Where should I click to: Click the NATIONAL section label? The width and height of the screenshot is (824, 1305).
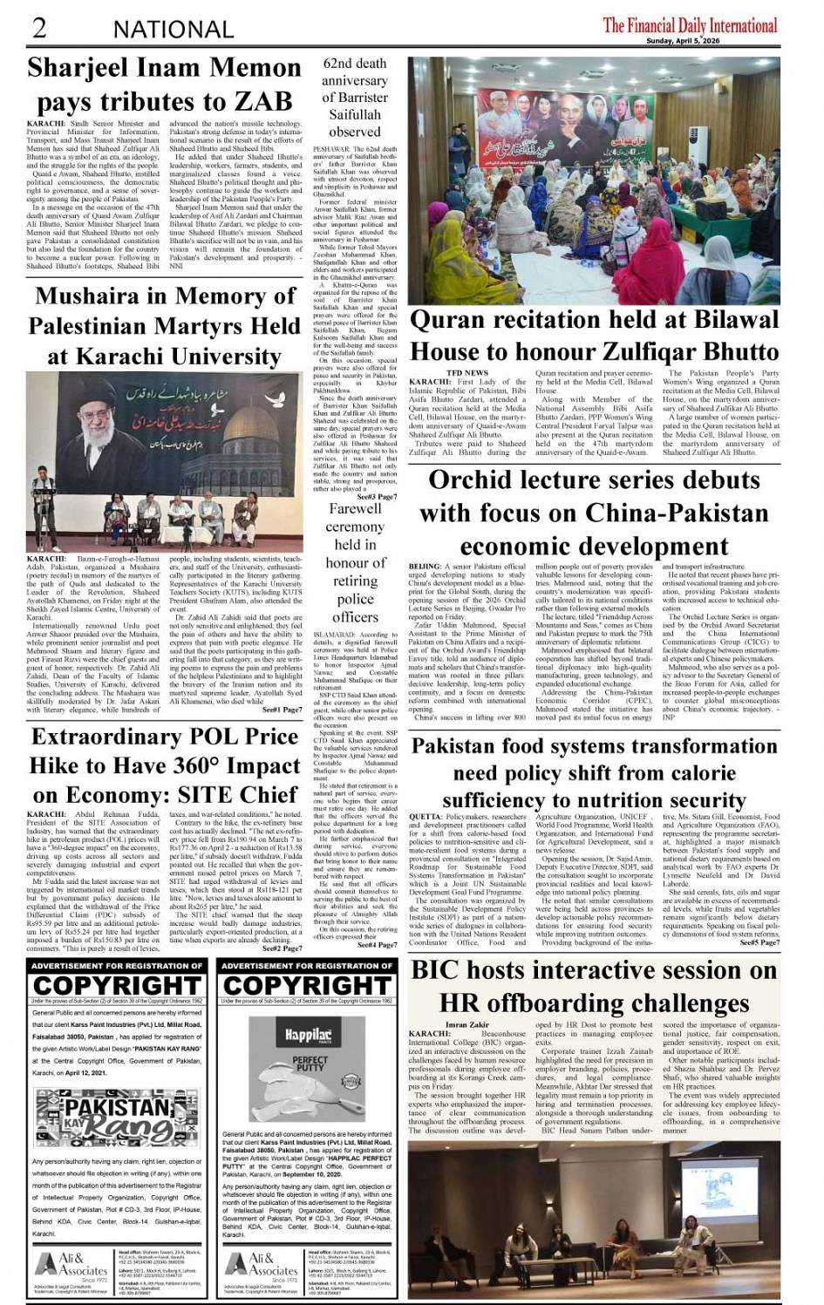[173, 30]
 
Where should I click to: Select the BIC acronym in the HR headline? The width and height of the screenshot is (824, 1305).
[444, 970]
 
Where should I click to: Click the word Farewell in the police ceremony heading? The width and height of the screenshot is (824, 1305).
[355, 508]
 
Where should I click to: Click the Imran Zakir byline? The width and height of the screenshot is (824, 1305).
[468, 1024]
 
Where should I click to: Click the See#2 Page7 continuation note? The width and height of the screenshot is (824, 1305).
[282, 948]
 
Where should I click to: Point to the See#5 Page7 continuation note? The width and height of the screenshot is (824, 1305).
[759, 942]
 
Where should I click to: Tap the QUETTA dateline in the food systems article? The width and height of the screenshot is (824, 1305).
[425, 817]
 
